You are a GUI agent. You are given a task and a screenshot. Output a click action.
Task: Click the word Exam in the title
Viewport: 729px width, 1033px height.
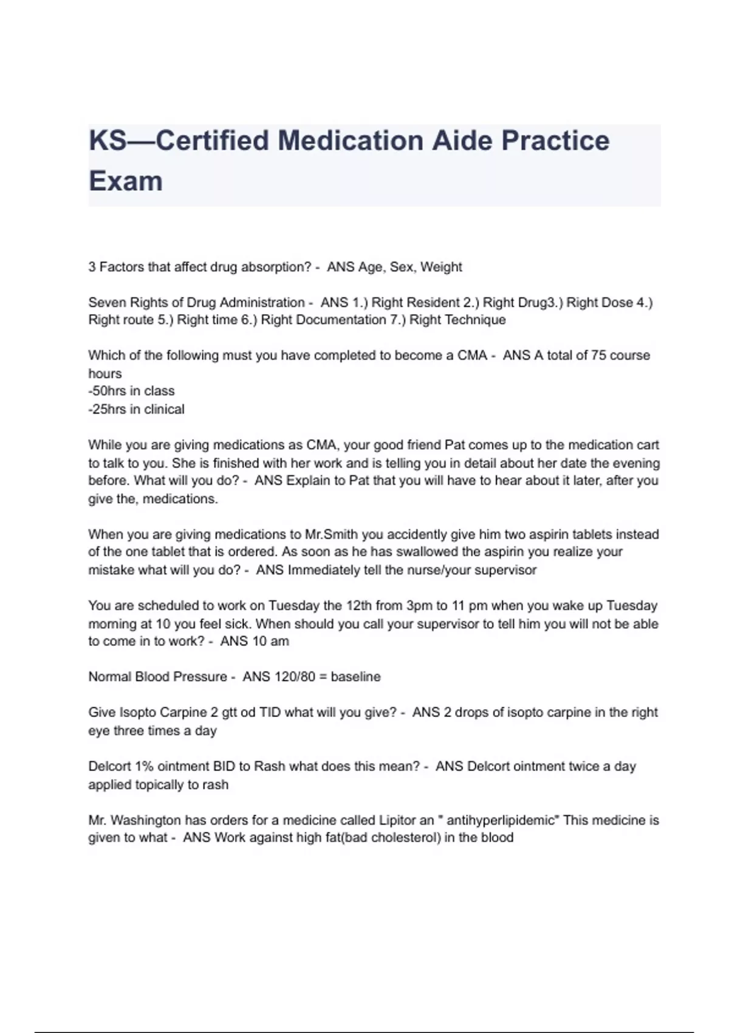tap(126, 181)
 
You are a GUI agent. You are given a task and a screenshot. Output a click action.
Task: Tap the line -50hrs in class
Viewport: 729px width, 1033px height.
tap(131, 391)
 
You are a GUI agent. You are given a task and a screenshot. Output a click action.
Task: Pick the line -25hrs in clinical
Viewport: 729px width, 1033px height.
tap(136, 409)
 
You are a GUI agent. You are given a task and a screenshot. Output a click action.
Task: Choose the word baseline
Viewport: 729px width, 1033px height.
tap(355, 677)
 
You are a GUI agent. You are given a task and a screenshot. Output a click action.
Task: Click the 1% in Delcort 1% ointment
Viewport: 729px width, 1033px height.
tap(144, 766)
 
